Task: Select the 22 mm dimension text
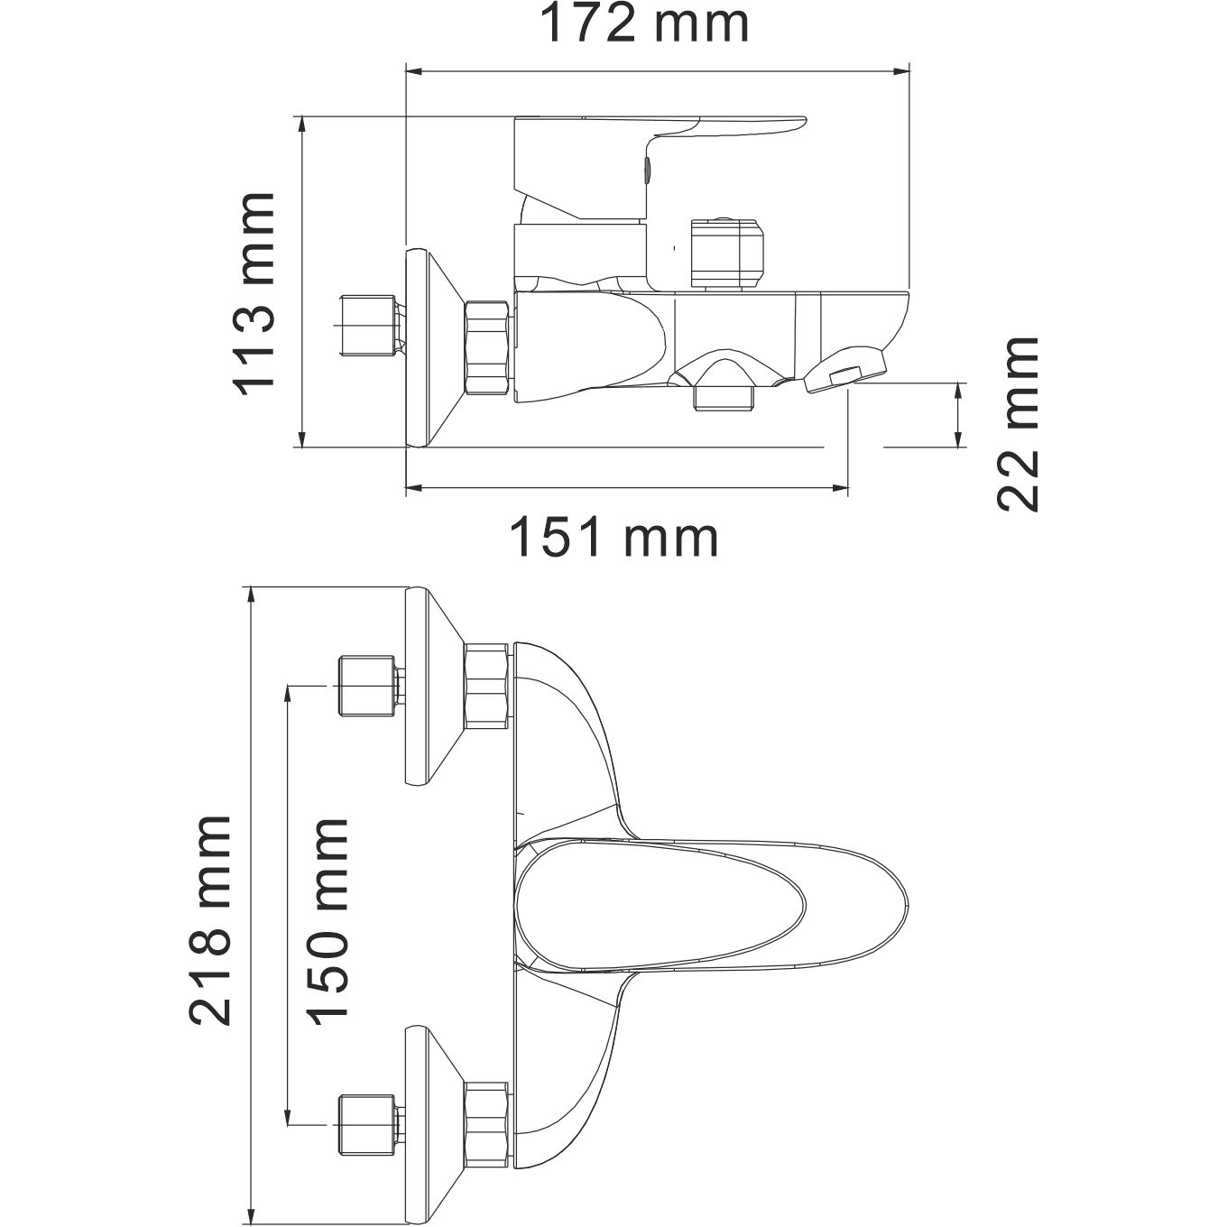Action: [x=1018, y=425]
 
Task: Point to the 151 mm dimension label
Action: [x=615, y=539]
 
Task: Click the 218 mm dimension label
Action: [x=210, y=920]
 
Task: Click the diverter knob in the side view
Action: [x=725, y=254]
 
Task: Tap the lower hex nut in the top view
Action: [x=487, y=1128]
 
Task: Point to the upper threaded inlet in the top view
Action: [x=368, y=687]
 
